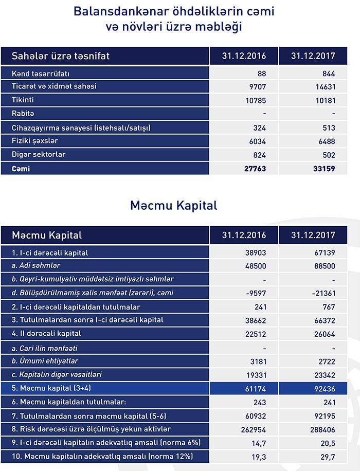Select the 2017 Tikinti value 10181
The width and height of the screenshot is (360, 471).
[325, 100]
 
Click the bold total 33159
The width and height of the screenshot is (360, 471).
[323, 168]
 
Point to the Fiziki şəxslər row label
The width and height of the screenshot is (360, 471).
[35, 141]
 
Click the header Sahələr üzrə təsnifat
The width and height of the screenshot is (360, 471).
[61, 55]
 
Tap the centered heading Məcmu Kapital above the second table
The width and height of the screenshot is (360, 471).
[173, 206]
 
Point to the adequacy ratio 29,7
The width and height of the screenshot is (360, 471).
[328, 456]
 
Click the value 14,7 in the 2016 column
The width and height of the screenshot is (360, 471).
[259, 442]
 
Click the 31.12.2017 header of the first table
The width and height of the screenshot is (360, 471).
[313, 56]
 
